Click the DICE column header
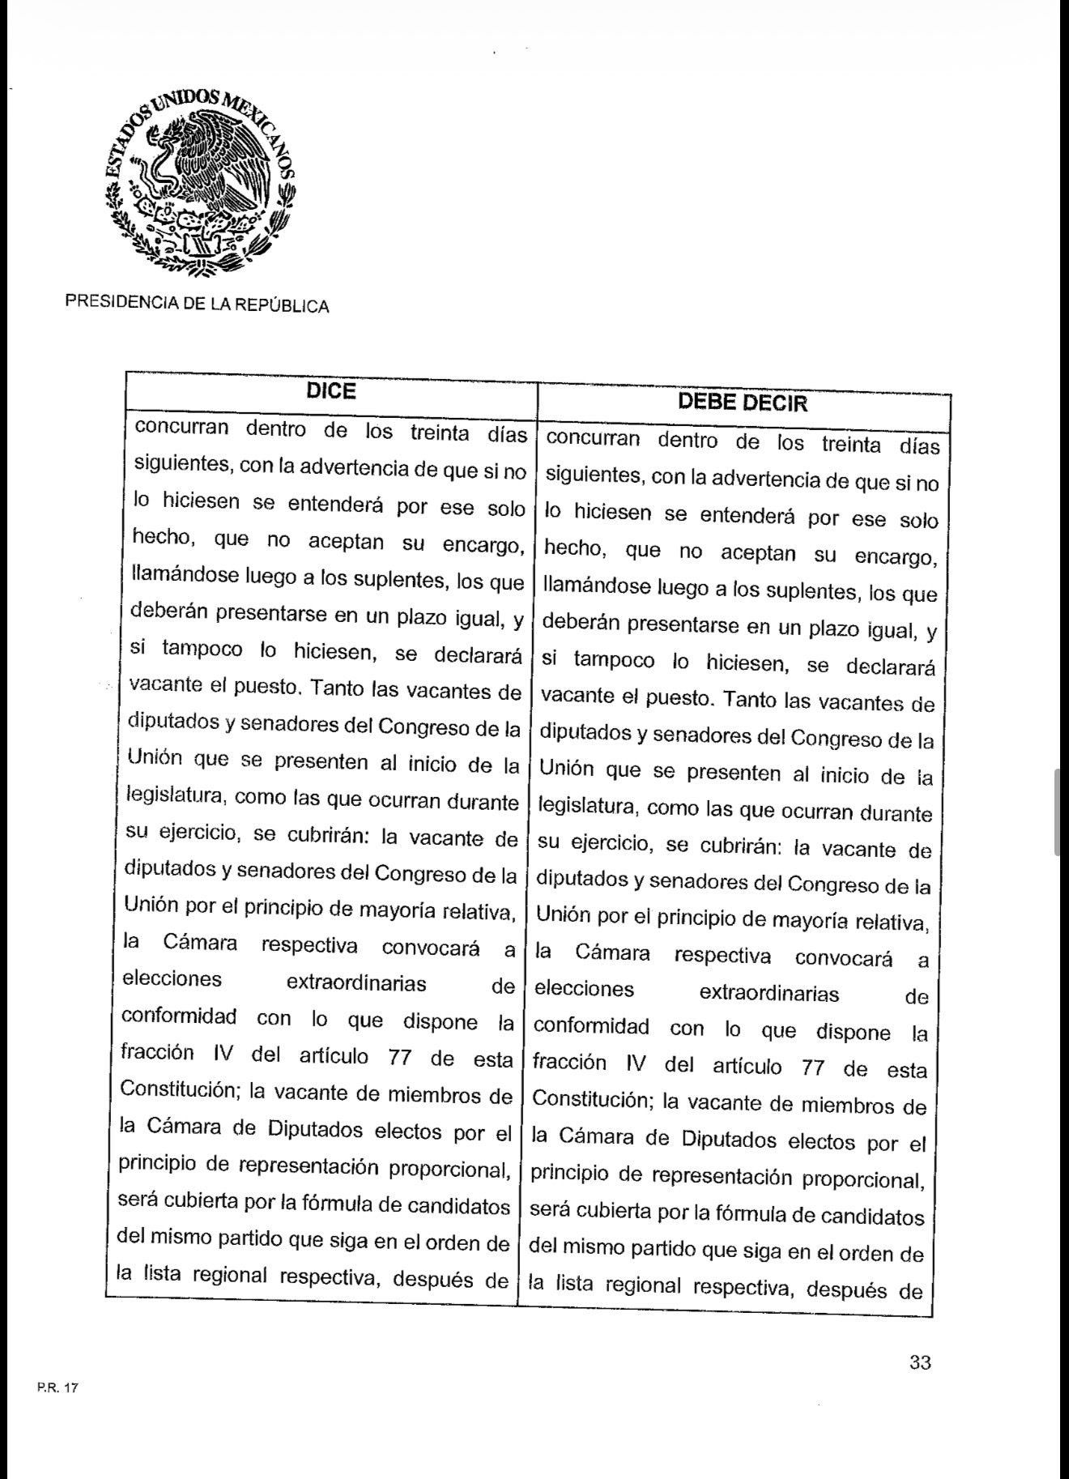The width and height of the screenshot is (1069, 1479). point(331,392)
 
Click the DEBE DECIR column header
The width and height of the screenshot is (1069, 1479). point(743,403)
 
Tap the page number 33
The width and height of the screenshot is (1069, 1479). point(919,1362)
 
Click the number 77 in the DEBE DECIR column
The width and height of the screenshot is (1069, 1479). point(812,1068)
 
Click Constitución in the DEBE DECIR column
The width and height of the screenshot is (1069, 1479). point(591,1100)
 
